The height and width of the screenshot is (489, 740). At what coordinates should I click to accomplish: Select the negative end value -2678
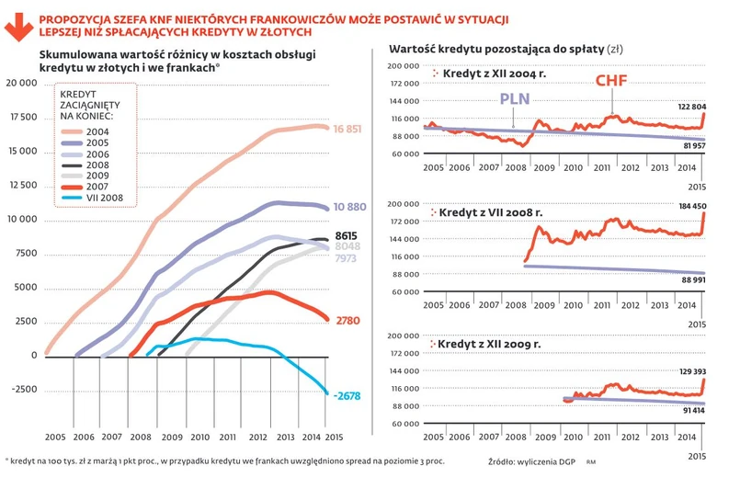point(347,396)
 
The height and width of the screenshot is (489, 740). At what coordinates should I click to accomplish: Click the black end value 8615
point(344,235)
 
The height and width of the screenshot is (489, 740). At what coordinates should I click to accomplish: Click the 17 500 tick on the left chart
point(21,117)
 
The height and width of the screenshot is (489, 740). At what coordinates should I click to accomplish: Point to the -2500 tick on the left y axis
point(23,390)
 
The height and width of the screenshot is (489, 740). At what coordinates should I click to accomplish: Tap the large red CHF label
point(613,81)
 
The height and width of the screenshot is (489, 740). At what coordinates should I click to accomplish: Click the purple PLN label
point(516,98)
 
